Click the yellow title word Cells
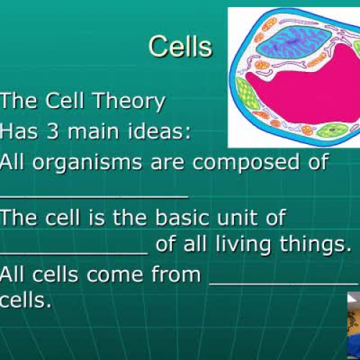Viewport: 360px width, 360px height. tap(180, 47)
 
